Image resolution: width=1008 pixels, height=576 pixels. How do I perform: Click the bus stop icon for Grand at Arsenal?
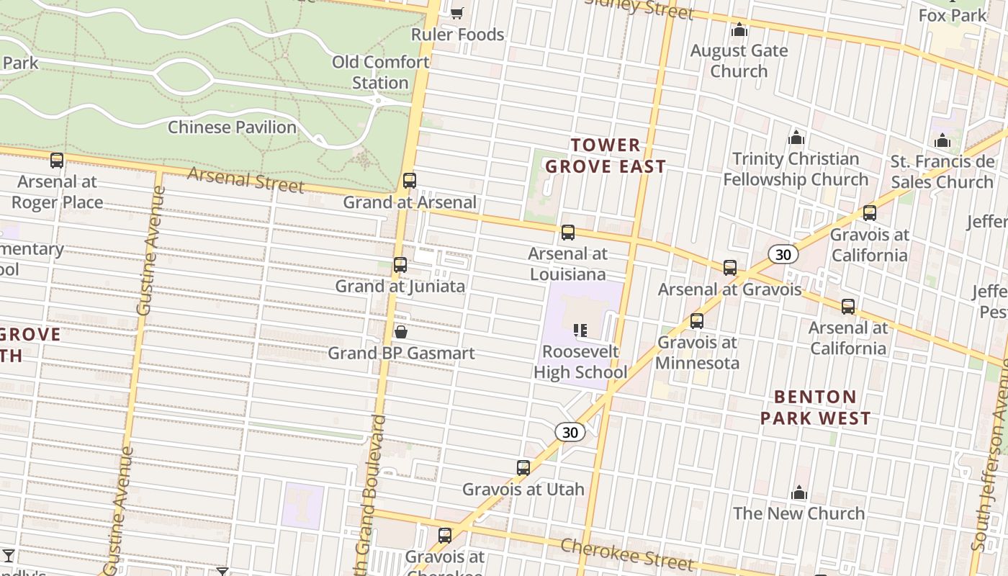point(410,180)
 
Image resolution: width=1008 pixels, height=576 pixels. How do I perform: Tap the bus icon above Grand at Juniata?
point(400,265)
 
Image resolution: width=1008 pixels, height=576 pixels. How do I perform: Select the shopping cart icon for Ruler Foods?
point(456,12)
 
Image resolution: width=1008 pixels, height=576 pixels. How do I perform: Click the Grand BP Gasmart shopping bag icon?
point(401,332)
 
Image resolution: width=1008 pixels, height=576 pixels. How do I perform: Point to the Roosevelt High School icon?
point(580,330)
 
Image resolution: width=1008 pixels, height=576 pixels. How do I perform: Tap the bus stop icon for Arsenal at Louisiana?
point(568,233)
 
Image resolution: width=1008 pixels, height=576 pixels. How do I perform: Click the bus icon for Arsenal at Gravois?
point(730,268)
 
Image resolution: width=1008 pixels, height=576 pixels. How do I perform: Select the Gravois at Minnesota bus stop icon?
point(697,321)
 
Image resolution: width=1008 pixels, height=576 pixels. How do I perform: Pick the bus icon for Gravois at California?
point(870,213)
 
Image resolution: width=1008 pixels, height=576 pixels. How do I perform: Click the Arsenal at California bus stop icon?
point(848,307)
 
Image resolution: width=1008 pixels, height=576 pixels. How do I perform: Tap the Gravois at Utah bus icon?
point(523,468)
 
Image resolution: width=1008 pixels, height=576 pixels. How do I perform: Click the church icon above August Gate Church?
point(739,30)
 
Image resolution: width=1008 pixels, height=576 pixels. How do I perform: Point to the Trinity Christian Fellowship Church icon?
point(796,137)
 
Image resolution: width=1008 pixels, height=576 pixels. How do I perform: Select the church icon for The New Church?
point(799,492)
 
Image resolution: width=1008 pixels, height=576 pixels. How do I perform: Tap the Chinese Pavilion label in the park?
point(232,127)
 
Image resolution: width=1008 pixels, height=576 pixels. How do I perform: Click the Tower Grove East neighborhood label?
point(606,156)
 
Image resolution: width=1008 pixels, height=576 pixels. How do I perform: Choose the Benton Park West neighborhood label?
point(816,408)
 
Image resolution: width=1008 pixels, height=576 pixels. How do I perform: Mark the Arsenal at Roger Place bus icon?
point(57,161)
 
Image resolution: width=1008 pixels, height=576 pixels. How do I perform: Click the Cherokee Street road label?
point(626,554)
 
